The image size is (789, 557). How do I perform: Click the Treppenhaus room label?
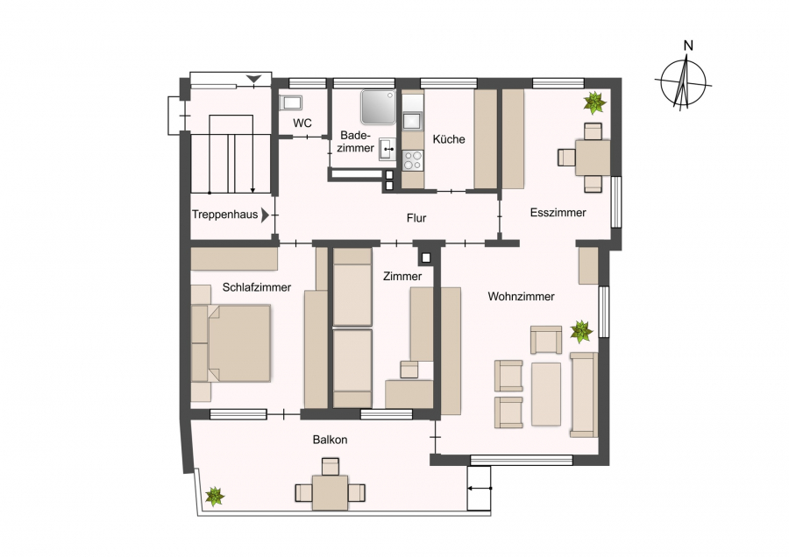tap(224, 215)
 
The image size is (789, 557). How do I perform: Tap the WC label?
tap(302, 123)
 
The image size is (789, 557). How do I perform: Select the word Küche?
tap(449, 139)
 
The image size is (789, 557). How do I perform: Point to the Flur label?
tap(416, 218)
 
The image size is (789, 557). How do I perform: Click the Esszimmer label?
tap(558, 213)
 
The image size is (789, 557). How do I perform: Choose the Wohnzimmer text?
tap(522, 297)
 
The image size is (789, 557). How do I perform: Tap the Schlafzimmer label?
tap(257, 287)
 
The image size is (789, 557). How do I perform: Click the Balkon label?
tap(331, 440)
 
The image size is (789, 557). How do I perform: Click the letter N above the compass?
tap(688, 46)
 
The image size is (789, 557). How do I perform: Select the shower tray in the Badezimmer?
tap(379, 107)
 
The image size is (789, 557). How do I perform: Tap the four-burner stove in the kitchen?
tap(413, 160)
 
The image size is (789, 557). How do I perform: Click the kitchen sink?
tap(413, 121)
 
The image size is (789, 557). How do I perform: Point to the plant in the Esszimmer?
tap(594, 102)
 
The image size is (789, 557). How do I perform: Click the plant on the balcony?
tap(215, 497)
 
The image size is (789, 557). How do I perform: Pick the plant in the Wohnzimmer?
tap(581, 332)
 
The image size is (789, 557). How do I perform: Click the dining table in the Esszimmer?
tap(593, 158)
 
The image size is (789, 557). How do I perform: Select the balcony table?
tap(330, 493)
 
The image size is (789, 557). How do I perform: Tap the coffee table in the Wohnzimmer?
tap(546, 394)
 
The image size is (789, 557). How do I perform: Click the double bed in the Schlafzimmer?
tap(231, 343)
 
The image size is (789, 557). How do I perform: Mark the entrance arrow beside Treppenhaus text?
tap(265, 215)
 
